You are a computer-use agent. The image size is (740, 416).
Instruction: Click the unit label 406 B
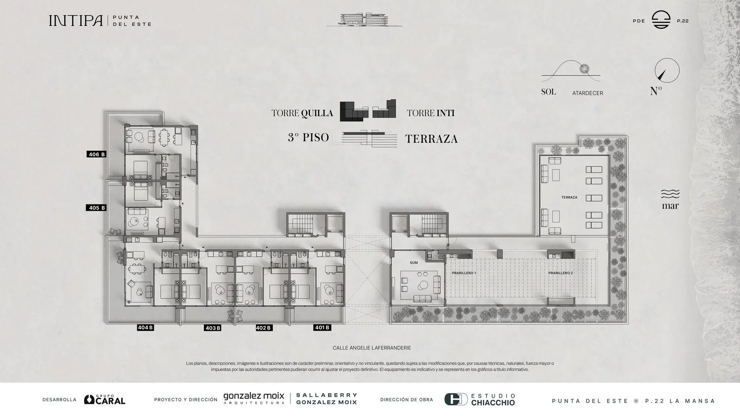pyautogui.click(x=97, y=154)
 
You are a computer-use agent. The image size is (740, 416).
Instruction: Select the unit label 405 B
pyautogui.click(x=96, y=208)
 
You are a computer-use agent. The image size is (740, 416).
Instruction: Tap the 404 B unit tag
pyautogui.click(x=145, y=328)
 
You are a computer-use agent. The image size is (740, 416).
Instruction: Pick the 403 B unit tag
pyautogui.click(x=213, y=328)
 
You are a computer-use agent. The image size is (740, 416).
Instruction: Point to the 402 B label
pyautogui.click(x=264, y=328)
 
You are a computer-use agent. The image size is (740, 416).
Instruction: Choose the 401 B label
pyautogui.click(x=322, y=328)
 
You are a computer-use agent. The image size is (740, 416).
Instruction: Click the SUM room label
pyautogui.click(x=413, y=263)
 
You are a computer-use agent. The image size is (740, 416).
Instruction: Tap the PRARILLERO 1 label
pyautogui.click(x=464, y=273)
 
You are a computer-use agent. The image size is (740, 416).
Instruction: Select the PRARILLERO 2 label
pyautogui.click(x=561, y=273)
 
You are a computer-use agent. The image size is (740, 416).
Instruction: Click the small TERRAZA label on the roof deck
pyautogui.click(x=569, y=197)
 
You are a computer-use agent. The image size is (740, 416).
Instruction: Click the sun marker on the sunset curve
pyautogui.click(x=585, y=69)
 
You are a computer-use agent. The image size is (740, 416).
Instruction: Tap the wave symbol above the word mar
pyautogui.click(x=670, y=194)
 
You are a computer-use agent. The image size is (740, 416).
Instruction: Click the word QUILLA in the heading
pyautogui.click(x=317, y=113)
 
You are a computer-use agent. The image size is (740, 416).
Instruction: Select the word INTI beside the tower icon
pyautogui.click(x=446, y=113)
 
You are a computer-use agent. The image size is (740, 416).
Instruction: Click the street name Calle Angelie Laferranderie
pyautogui.click(x=372, y=348)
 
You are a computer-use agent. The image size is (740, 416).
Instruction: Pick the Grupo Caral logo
pyautogui.click(x=105, y=399)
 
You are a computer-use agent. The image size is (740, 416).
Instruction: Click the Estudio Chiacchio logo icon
pyautogui.click(x=456, y=399)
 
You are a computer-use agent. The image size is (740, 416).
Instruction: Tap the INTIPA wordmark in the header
pyautogui.click(x=76, y=20)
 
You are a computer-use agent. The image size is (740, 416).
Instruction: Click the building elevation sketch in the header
pyautogui.click(x=364, y=20)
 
